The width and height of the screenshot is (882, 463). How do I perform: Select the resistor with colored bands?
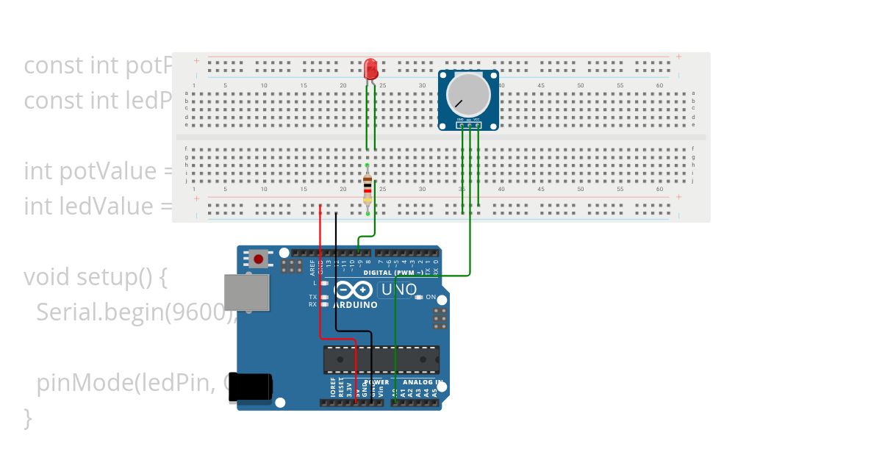click(x=367, y=190)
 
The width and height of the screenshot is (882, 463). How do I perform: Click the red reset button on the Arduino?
click(x=258, y=258)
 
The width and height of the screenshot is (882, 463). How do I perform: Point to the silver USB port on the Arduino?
click(x=246, y=292)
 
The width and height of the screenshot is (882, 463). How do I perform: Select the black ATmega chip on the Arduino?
click(x=381, y=359)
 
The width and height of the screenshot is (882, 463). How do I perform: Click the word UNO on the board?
click(x=396, y=290)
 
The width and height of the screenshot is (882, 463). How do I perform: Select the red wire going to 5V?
click(x=320, y=294)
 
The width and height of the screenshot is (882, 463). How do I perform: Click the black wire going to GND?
click(x=336, y=294)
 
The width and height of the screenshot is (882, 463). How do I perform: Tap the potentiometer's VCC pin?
click(x=478, y=125)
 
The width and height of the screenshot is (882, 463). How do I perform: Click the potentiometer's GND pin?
click(x=461, y=125)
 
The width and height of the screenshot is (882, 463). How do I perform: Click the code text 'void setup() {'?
click(x=96, y=277)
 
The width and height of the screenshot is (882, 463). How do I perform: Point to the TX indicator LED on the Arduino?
click(x=324, y=297)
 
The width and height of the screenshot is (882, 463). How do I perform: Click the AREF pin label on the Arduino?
click(x=312, y=265)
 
